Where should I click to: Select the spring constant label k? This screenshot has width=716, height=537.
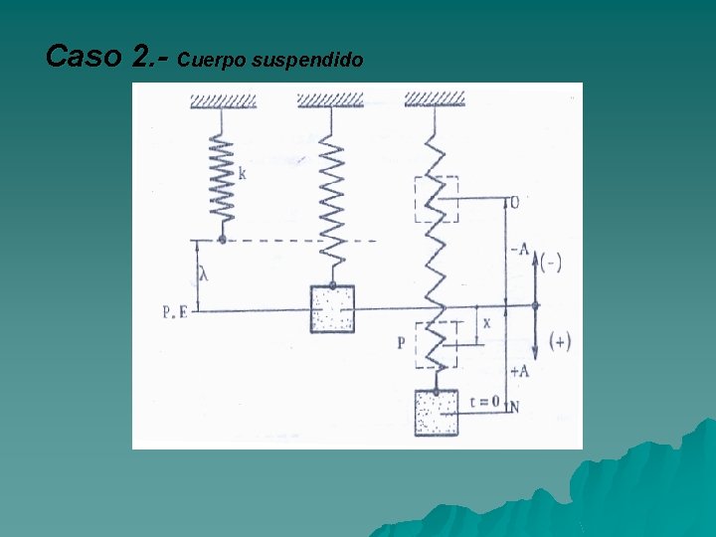(243, 173)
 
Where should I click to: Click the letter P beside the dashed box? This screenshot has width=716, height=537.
(401, 343)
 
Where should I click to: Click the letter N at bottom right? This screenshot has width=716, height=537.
(513, 407)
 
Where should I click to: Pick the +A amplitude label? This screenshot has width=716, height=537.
(518, 371)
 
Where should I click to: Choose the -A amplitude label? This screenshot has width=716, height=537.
(518, 249)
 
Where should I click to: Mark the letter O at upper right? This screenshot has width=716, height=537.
(513, 202)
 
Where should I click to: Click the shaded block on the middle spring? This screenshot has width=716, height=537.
(332, 309)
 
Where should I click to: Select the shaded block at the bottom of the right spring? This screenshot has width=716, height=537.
(436, 412)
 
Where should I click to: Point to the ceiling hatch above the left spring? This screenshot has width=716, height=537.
(224, 99)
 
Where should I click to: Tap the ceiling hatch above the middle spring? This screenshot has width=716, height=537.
(331, 99)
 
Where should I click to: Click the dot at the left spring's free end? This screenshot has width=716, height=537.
(221, 240)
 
